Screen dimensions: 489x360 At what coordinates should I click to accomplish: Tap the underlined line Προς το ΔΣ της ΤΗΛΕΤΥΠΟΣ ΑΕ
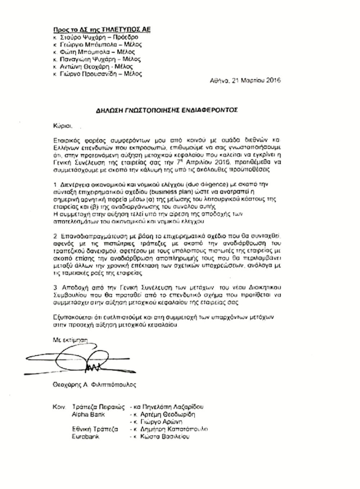pos(102,30)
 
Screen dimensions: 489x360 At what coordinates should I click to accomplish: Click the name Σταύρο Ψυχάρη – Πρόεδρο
pos(99,37)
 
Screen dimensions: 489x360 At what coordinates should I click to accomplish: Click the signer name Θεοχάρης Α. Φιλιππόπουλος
pos(94,385)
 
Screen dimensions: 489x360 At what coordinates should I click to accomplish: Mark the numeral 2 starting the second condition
pos(55,236)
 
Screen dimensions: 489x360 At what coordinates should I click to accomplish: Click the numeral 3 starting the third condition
pos(55,287)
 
